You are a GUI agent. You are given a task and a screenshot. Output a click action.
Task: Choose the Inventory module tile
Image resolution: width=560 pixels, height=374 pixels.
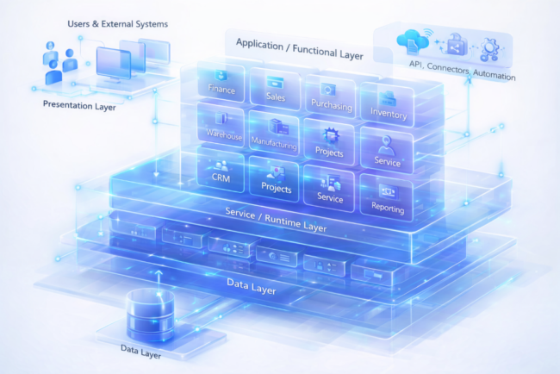pyautogui.click(x=387, y=105)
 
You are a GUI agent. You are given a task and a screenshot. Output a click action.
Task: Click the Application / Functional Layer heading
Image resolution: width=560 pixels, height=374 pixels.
pyautogui.click(x=299, y=48)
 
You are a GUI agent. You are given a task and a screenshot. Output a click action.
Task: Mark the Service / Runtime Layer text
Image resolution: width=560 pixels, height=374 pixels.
pyautogui.click(x=277, y=220)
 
